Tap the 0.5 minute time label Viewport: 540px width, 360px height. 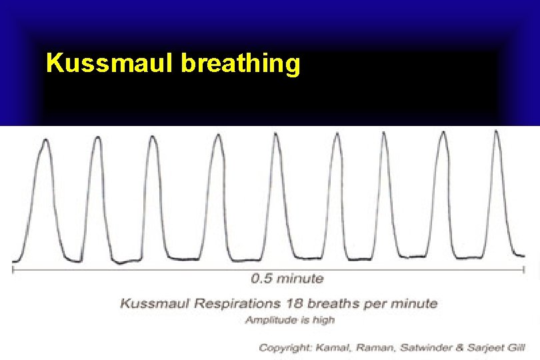287,279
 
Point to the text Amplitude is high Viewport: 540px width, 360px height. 290,320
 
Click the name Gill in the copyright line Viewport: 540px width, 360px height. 513,347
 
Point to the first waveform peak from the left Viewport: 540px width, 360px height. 45,141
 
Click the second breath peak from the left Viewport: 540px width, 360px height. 97,139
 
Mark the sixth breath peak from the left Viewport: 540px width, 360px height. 336,135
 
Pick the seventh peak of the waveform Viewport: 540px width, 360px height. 384,133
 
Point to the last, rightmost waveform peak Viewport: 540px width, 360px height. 496,132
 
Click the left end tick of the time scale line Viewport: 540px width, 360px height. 13,269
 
